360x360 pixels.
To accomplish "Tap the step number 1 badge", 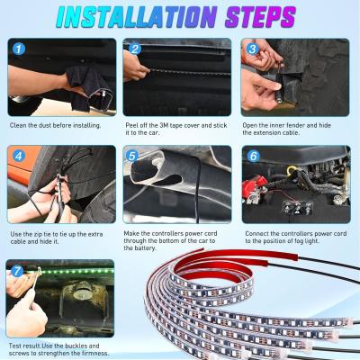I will coord(19,49).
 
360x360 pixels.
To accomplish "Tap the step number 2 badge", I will coord(135,49).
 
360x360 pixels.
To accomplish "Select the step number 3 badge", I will coord(253,49).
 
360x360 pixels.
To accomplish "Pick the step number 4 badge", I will coord(19,156).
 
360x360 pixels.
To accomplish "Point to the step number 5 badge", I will coord(135,156).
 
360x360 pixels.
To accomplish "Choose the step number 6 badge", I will coord(253,156).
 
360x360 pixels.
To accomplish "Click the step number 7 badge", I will coord(19,269).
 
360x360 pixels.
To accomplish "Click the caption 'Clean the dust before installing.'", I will coord(57,126).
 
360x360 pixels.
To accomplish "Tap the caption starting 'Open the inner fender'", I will coord(293,130).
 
